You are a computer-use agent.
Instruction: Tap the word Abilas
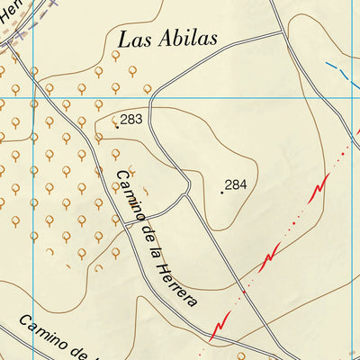[191, 40]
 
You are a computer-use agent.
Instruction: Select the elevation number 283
[131, 120]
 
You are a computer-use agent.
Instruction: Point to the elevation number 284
[236, 184]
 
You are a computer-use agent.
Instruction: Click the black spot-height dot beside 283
[116, 127]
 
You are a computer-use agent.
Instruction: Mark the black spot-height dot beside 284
[221, 192]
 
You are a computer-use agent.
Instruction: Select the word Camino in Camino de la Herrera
[127, 194]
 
